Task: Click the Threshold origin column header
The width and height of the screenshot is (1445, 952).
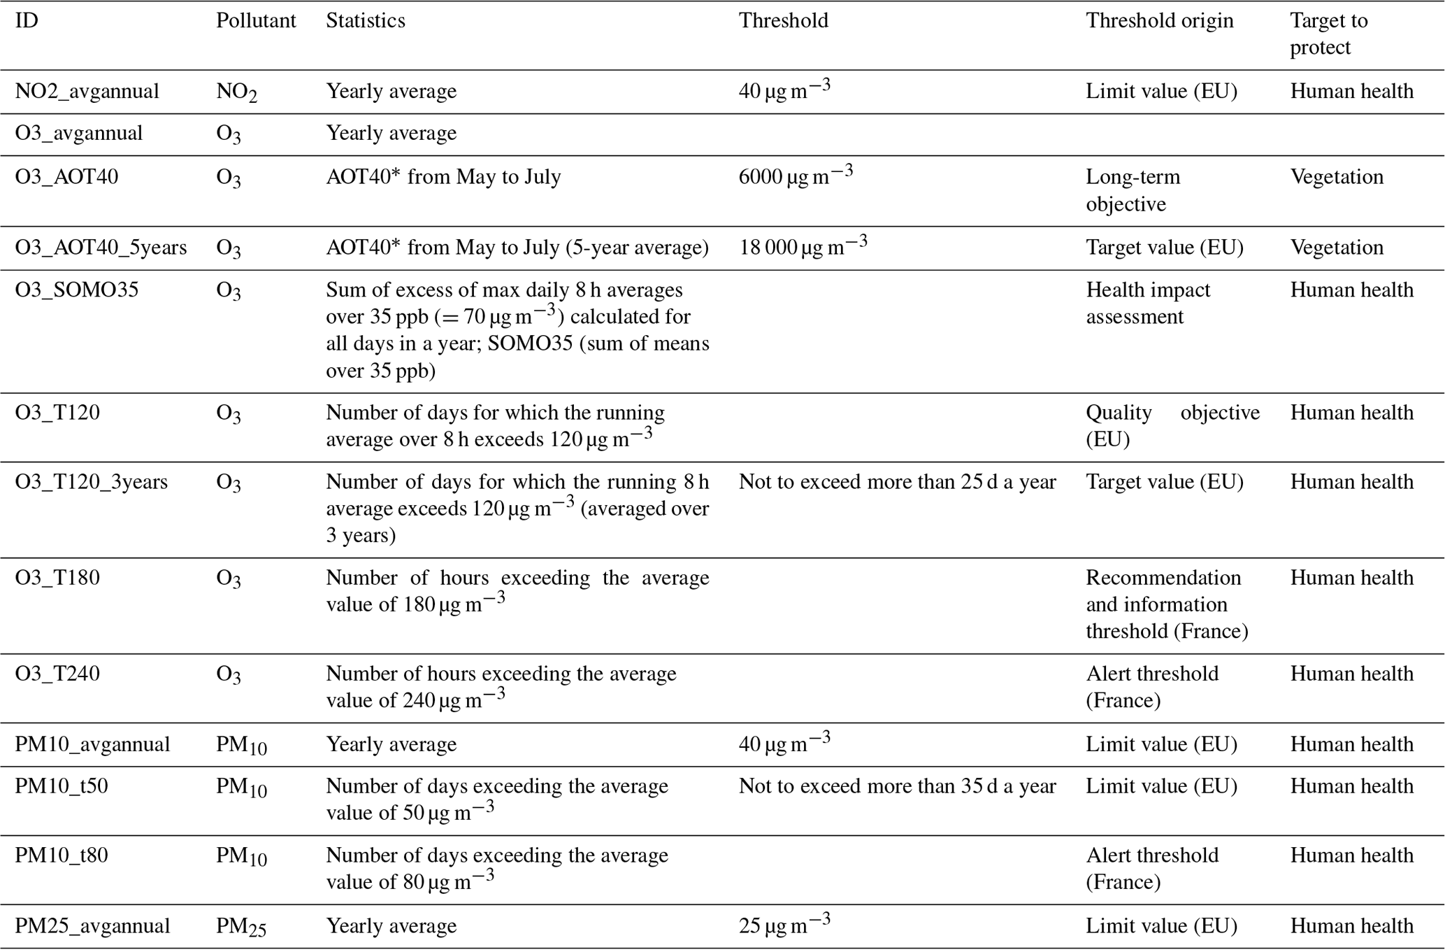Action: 1159,21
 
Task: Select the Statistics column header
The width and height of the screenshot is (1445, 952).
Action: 365,21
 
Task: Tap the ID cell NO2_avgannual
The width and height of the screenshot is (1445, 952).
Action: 87,92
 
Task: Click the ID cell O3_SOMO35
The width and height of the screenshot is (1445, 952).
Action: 77,290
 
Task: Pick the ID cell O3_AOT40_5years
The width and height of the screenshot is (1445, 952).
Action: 101,248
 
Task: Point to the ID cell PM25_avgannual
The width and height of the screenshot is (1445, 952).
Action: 92,926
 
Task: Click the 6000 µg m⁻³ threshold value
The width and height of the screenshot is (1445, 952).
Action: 796,176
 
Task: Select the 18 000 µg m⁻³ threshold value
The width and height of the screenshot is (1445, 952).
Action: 803,247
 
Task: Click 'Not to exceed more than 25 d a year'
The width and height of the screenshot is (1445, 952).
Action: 897,482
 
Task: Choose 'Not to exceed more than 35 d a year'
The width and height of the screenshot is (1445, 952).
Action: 897,786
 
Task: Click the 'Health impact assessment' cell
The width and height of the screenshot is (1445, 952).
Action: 1148,303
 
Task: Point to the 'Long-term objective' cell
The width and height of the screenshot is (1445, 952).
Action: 1133,190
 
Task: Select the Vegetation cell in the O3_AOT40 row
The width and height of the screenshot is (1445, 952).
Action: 1337,177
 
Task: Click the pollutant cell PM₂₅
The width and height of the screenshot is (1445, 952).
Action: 241,927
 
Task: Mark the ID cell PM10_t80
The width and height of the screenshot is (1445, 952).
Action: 62,855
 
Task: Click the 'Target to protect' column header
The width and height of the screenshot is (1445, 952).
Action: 1328,34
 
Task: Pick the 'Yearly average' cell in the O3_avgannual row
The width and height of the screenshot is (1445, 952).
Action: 391,134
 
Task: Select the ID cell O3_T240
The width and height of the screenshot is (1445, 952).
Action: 57,674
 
